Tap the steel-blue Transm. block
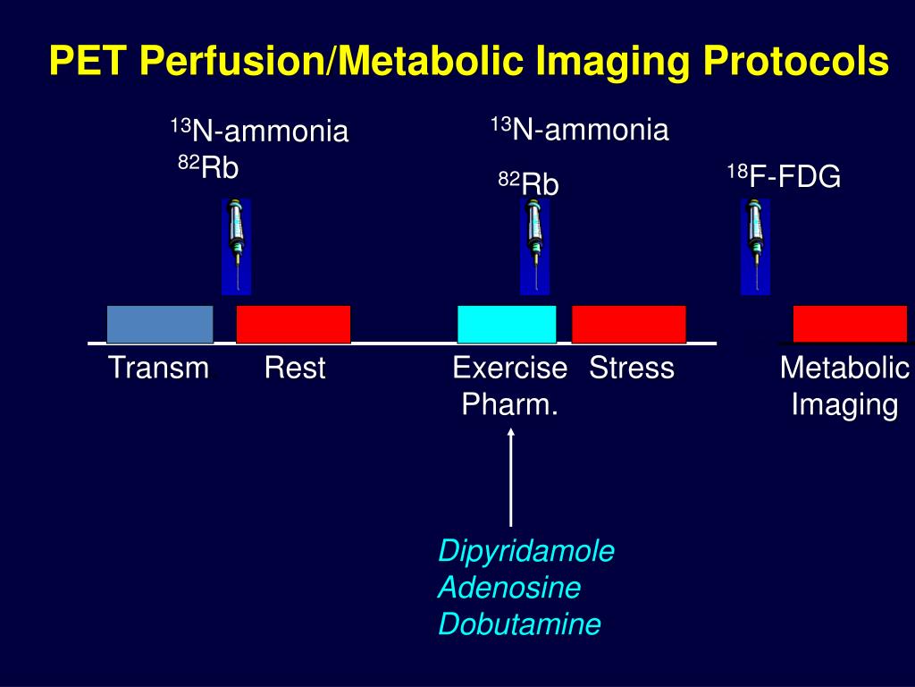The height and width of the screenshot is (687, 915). click(160, 324)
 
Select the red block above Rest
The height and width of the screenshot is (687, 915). click(293, 324)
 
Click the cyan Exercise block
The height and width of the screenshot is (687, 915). click(507, 324)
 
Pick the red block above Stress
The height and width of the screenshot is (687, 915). click(629, 324)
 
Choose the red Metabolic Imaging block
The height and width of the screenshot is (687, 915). click(850, 324)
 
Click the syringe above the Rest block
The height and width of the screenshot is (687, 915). click(236, 245)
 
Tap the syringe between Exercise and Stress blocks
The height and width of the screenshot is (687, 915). click(534, 245)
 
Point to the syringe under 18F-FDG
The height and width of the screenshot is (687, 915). click(755, 245)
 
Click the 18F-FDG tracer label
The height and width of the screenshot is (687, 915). click(784, 177)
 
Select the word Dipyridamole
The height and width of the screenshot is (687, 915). click(526, 551)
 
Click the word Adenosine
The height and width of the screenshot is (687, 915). click(509, 588)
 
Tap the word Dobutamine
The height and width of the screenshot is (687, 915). click(519, 623)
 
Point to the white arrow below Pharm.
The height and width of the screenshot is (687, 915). click(511, 478)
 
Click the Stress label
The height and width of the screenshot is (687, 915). click(632, 368)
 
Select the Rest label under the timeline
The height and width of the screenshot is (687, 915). click(295, 368)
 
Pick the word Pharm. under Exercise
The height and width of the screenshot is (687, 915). click(510, 405)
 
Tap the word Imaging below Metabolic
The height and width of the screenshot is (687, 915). click(844, 405)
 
